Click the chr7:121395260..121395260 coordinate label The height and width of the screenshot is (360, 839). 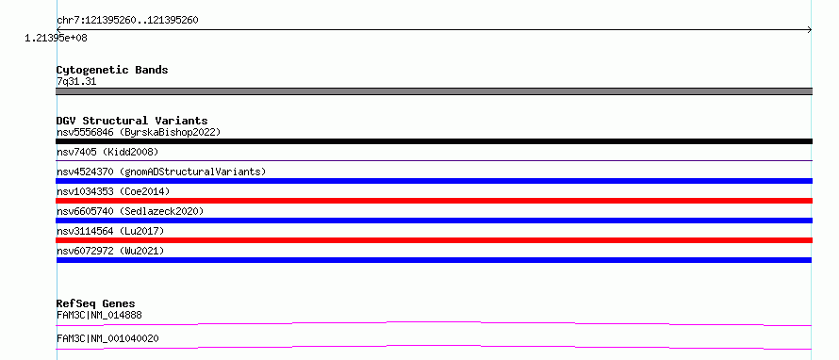click(127, 21)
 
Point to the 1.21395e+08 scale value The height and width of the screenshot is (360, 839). click(56, 38)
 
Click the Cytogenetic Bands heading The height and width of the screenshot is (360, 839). click(112, 70)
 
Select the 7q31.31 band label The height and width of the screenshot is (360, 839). click(76, 82)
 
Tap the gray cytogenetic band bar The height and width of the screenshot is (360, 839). click(434, 91)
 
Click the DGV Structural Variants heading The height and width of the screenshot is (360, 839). click(132, 121)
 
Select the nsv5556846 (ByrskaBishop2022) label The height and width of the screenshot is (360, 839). click(139, 132)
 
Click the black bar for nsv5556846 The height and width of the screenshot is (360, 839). click(434, 141)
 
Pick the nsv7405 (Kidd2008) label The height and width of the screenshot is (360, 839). click(107, 152)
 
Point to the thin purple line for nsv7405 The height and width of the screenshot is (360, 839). click(434, 160)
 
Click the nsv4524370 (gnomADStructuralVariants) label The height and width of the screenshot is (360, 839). click(161, 172)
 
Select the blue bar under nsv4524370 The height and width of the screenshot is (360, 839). click(434, 181)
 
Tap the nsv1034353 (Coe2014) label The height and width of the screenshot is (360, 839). click(113, 191)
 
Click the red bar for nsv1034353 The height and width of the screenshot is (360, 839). click(434, 201)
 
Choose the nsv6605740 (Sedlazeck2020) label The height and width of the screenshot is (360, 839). click(130, 211)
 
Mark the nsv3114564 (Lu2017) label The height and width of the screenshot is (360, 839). click(110, 231)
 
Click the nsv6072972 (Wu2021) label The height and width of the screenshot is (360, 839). click(110, 251)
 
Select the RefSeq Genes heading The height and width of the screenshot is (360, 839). click(96, 304)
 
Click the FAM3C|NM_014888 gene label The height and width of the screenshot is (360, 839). click(99, 315)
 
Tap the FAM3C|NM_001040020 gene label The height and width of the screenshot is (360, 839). click(107, 339)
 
